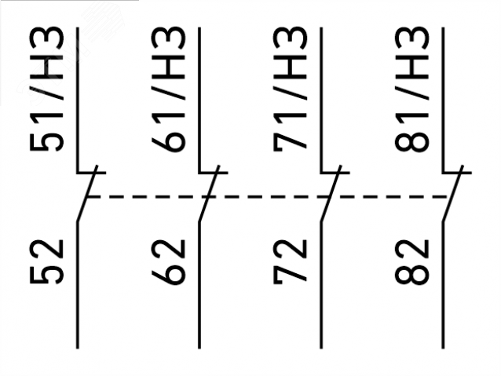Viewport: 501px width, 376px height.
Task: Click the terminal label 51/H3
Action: pos(46,89)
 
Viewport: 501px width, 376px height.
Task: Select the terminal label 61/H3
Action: pos(168,89)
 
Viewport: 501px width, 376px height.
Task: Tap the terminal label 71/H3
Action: pos(290,89)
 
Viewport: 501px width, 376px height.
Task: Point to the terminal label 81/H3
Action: pos(411,89)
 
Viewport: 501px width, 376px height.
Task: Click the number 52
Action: pos(46,261)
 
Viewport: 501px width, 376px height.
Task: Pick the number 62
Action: pos(168,261)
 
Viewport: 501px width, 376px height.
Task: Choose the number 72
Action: pos(290,261)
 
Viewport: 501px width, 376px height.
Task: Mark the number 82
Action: pos(411,261)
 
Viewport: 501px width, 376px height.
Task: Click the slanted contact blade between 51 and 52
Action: pos(87,193)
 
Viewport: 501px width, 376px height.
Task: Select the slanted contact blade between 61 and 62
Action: pos(209,193)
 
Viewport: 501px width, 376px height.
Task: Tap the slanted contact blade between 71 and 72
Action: pos(331,193)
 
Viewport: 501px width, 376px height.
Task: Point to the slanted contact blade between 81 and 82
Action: pos(453,193)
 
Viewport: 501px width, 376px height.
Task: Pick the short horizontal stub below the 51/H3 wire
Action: pos(91,173)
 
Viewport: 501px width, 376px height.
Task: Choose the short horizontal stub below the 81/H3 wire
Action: pos(457,173)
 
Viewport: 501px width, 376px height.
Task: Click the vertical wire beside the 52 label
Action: pos(77,284)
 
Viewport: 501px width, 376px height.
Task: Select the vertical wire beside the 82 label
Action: pos(443,284)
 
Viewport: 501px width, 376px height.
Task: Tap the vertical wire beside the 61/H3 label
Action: pos(199,100)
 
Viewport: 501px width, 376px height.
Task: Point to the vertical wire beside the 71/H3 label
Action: pos(321,100)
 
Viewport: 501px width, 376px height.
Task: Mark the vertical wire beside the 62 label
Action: pos(199,284)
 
